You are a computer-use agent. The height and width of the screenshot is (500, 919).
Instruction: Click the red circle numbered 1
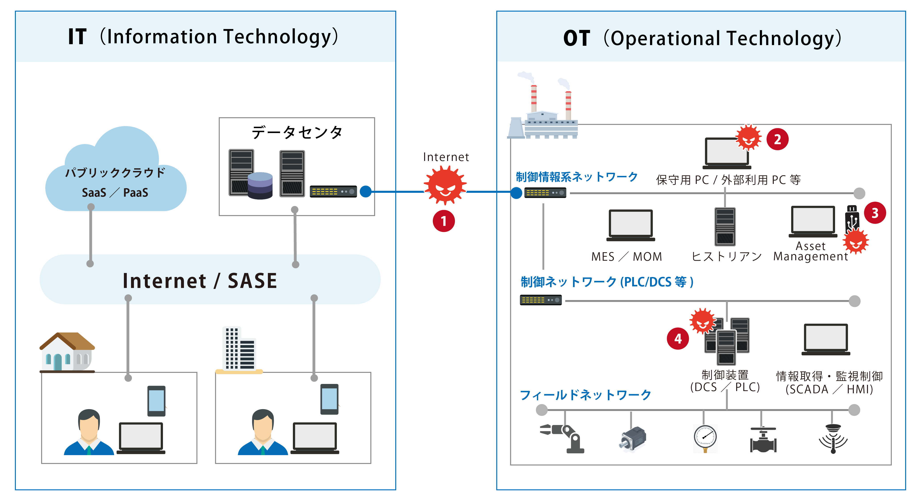(444, 221)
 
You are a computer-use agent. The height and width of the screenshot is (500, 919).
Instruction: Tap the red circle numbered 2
(777, 139)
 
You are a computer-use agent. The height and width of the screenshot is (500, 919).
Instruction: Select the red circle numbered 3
(875, 213)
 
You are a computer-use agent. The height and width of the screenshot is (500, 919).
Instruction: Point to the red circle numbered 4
(678, 338)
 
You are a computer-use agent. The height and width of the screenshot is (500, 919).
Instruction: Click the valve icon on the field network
(763, 440)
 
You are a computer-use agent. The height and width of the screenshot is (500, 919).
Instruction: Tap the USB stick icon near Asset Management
(852, 218)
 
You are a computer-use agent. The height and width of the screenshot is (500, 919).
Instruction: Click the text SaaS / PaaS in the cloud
(115, 193)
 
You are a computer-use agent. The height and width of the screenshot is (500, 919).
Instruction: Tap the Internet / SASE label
(200, 281)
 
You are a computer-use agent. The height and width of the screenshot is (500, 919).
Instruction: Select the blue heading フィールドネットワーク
(585, 395)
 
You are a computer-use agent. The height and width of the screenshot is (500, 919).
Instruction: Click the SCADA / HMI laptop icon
(825, 339)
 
